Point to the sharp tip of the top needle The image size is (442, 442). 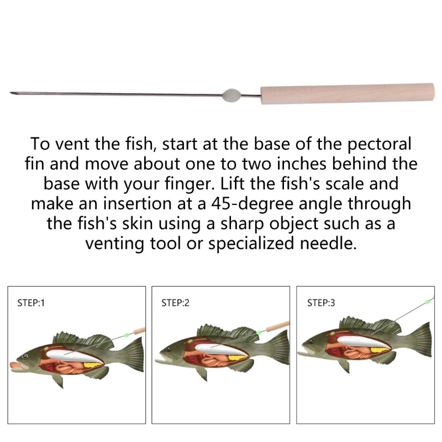point(12,92)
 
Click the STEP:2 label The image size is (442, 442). point(176,303)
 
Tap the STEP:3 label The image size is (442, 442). point(321,303)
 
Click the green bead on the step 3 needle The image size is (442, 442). point(427,302)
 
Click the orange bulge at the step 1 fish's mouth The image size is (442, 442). point(15,364)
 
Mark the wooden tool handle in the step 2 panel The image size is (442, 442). point(276,327)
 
